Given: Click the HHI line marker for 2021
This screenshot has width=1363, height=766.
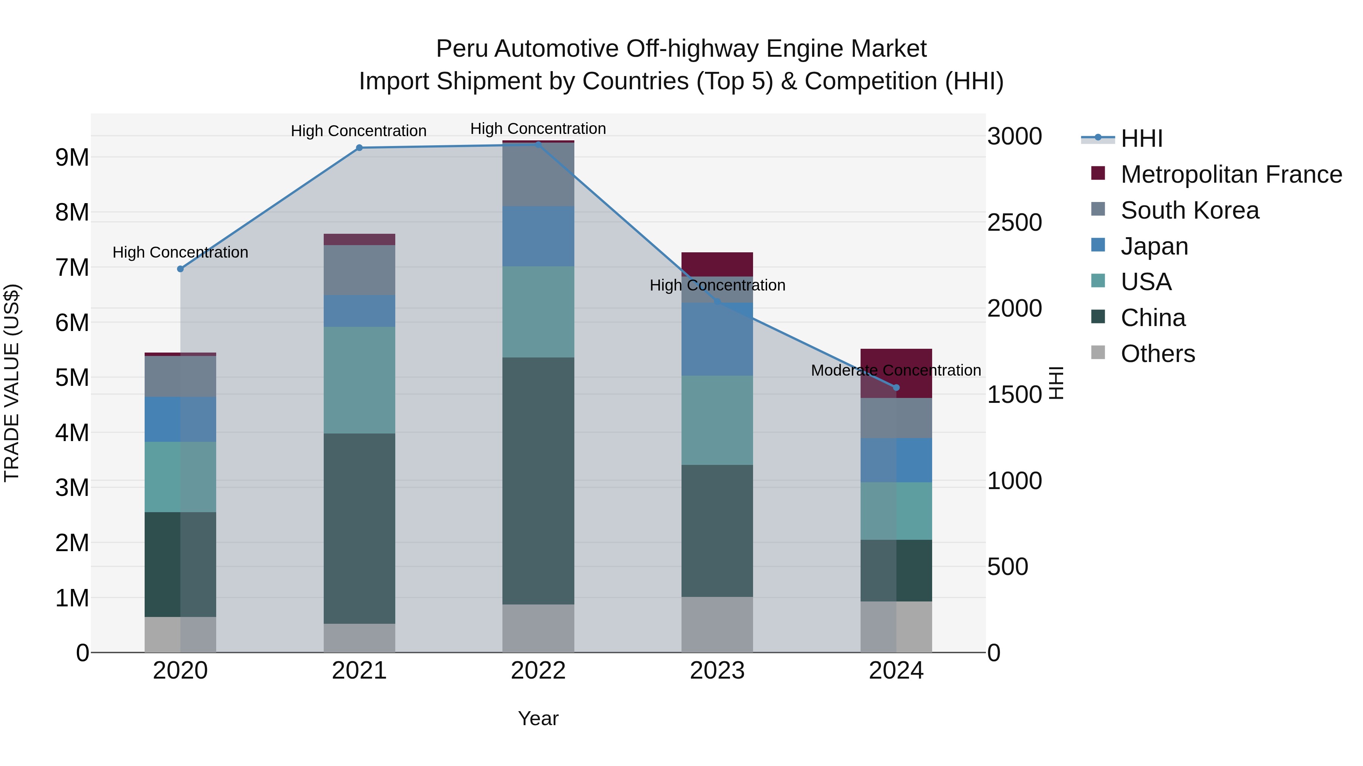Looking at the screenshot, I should pos(359,148).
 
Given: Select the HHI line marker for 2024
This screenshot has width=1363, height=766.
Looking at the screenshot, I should pos(896,387).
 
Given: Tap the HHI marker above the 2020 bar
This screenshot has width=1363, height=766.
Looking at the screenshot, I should pos(181,269).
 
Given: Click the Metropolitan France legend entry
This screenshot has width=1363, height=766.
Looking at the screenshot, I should pos(1231,174).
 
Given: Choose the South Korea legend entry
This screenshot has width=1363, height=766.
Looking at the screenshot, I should pos(1190,210).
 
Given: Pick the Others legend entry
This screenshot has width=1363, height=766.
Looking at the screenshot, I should pos(1158,353).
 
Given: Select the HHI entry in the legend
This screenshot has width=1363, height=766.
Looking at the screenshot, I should pos(1141,138).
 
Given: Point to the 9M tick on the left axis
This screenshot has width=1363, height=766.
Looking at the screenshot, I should pos(72,157).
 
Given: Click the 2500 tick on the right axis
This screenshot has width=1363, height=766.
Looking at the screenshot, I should pos(1014,222).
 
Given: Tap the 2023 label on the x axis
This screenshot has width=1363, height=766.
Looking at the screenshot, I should pos(717,671).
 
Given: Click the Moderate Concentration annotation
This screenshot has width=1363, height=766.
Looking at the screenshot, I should pos(896,370).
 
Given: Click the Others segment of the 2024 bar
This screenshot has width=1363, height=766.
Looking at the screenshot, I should pos(896,626).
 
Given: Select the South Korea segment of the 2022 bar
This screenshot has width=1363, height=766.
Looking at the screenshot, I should pos(538,174).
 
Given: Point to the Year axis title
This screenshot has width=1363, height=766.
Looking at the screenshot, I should pos(538,718).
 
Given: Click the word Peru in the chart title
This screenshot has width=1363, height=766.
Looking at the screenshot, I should pos(462,49).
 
